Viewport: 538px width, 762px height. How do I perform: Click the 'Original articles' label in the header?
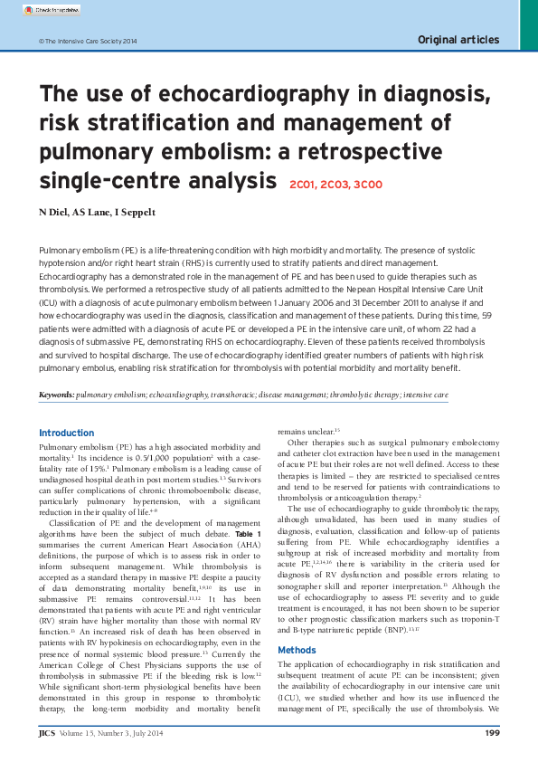click(x=458, y=40)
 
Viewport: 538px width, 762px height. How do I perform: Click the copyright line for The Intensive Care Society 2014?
click(x=88, y=42)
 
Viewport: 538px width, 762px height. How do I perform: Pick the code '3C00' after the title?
click(x=368, y=185)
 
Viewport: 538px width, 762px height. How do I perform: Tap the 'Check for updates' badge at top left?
click(x=51, y=10)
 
